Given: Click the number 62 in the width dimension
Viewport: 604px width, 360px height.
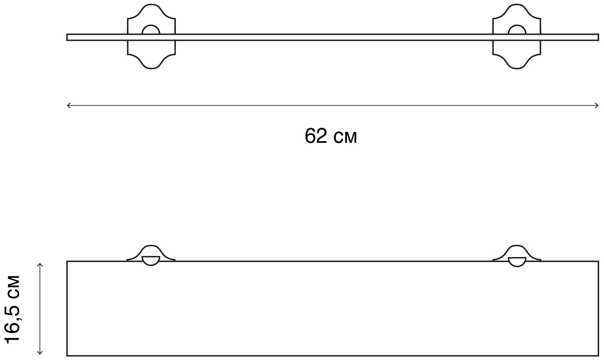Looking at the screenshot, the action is pyautogui.click(x=316, y=136).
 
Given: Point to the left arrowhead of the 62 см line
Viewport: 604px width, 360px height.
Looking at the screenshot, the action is pyautogui.click(x=68, y=106).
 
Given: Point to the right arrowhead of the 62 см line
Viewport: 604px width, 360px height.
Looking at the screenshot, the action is pyautogui.click(x=597, y=106).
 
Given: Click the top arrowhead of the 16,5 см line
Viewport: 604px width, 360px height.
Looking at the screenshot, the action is pyautogui.click(x=40, y=265).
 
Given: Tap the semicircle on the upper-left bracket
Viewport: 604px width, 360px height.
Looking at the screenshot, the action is pyautogui.click(x=151, y=25).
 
